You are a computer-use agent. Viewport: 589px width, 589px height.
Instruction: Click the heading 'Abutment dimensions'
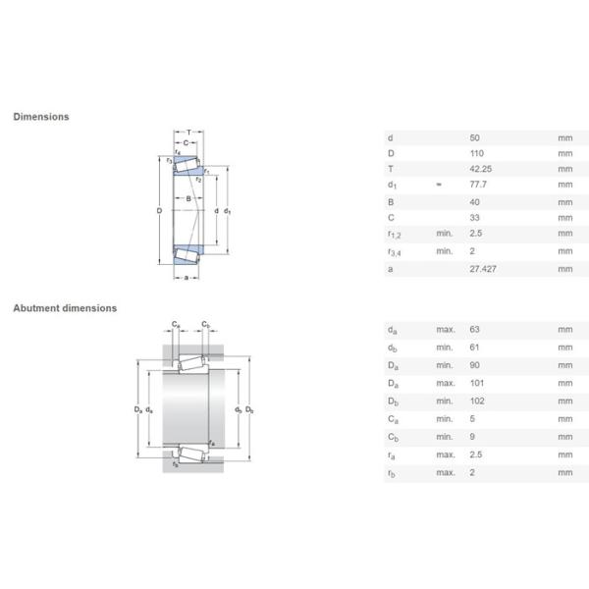[64, 308]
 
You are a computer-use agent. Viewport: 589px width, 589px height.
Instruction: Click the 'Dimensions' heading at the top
[40, 117]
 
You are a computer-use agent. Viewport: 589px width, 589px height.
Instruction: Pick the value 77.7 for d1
[479, 185]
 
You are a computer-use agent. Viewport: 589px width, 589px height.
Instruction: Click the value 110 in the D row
[477, 153]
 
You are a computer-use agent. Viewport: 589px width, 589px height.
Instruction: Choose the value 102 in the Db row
[477, 402]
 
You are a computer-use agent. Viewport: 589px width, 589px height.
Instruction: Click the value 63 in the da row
[475, 331]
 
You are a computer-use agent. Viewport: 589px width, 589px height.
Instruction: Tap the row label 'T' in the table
[390, 169]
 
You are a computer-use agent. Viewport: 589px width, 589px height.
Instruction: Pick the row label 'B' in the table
[390, 201]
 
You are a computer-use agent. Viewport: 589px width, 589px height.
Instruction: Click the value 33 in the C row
[475, 217]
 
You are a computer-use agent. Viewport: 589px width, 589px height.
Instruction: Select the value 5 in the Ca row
[472, 418]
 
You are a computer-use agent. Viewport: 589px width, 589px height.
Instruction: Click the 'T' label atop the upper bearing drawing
[188, 133]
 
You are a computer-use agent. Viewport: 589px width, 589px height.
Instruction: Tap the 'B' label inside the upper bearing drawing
[187, 199]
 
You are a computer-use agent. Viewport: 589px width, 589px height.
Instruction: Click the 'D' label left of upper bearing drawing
[159, 211]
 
